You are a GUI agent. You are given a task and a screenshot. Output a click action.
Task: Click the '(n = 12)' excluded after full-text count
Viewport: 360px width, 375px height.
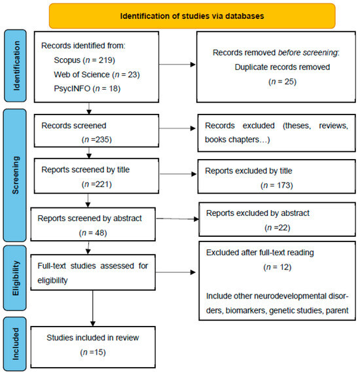click(x=268, y=268)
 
